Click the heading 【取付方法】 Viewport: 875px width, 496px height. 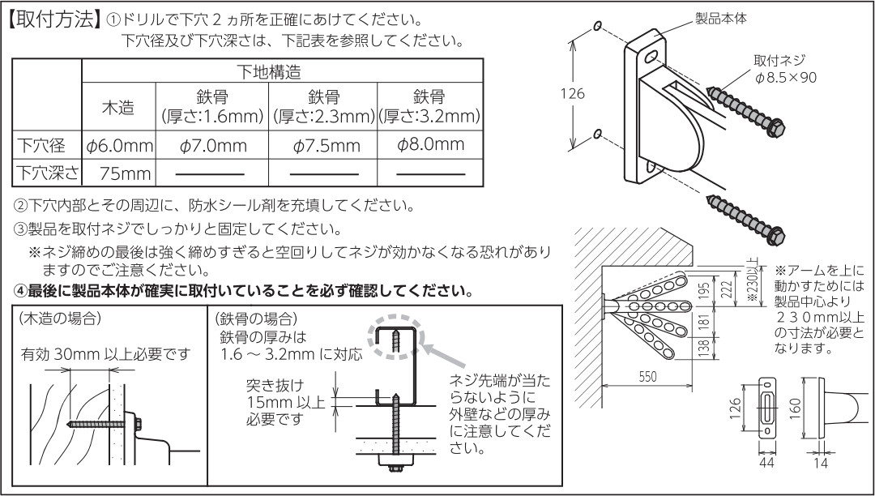(x=53, y=20)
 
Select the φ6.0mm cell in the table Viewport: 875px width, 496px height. (x=119, y=147)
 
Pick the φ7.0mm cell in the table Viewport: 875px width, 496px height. (x=212, y=147)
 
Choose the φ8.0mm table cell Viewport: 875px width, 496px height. (x=430, y=145)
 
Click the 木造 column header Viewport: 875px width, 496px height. (x=118, y=107)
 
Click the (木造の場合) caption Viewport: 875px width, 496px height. (x=62, y=319)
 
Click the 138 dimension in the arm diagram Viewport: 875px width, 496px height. (x=702, y=347)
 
